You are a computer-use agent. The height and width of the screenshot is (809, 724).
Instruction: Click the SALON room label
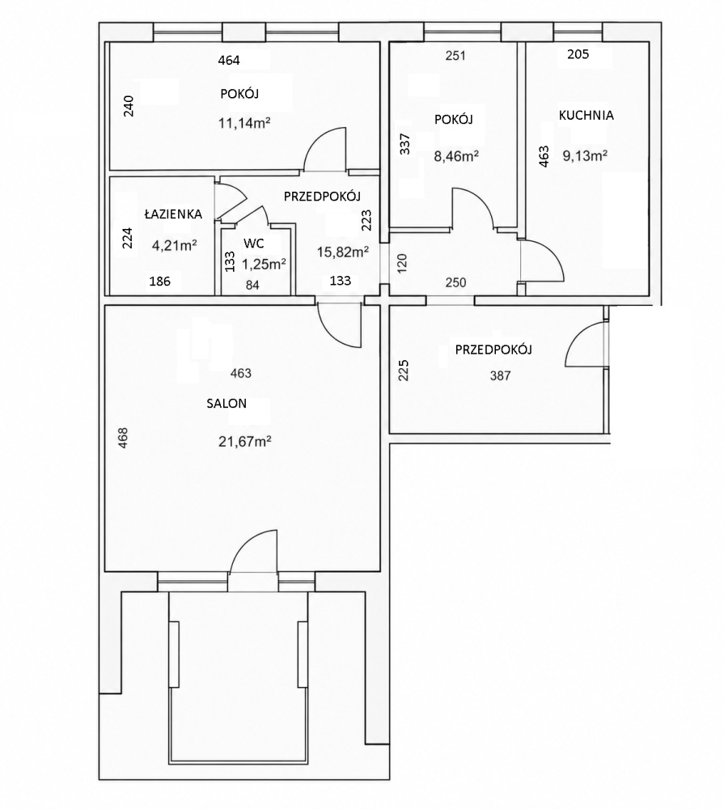pyautogui.click(x=227, y=404)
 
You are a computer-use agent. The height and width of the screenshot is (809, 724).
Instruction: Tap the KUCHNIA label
pyautogui.click(x=586, y=115)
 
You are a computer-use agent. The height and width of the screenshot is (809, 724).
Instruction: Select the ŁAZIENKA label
pyautogui.click(x=173, y=214)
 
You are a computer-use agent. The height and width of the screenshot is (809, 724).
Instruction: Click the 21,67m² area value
pyautogui.click(x=245, y=442)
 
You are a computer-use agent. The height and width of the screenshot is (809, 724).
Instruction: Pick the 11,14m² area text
pyautogui.click(x=245, y=123)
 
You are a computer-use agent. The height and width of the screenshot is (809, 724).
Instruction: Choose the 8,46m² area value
pyautogui.click(x=456, y=155)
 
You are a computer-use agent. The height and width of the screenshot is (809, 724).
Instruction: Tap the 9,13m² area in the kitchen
pyautogui.click(x=585, y=155)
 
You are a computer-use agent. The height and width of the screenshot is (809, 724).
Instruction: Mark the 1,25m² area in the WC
pyautogui.click(x=265, y=265)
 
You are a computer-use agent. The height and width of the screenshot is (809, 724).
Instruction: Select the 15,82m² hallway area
pyautogui.click(x=343, y=252)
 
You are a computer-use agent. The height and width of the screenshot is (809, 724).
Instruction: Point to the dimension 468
pyautogui.click(x=123, y=438)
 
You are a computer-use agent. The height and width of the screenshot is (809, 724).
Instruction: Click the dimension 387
pyautogui.click(x=500, y=375)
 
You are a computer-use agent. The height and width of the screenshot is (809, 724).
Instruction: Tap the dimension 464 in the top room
pyautogui.click(x=229, y=61)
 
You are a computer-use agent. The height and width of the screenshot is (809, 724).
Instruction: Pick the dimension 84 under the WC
pyautogui.click(x=252, y=285)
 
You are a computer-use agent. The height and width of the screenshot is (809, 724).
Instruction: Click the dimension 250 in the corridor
pyautogui.click(x=455, y=282)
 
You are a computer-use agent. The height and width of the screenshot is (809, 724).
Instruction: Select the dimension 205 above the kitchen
pyautogui.click(x=578, y=54)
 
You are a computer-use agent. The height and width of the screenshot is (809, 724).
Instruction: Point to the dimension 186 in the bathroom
pyautogui.click(x=159, y=282)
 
